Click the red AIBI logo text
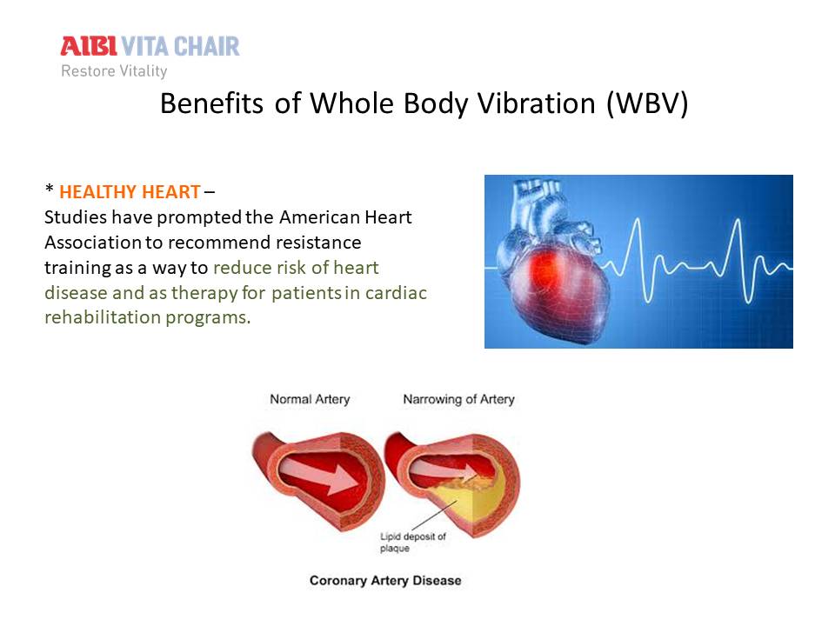click(x=89, y=46)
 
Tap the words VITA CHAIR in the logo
click(x=181, y=46)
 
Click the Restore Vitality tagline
click(x=114, y=70)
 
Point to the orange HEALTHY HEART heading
click(x=130, y=191)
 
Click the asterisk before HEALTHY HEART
click(x=50, y=188)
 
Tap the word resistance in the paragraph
click(x=318, y=243)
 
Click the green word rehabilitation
click(x=103, y=317)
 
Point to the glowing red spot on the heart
click(x=546, y=266)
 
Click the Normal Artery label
click(x=310, y=399)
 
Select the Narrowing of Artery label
click(x=459, y=399)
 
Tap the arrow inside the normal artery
click(x=319, y=476)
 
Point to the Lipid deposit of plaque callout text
click(x=412, y=542)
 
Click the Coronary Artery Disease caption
click(x=385, y=580)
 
